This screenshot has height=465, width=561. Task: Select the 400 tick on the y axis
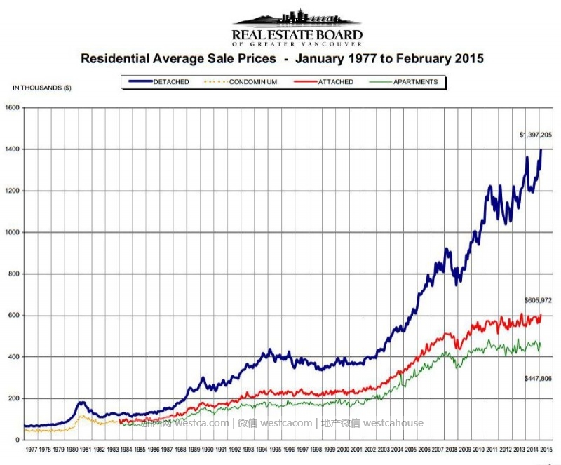[15, 357]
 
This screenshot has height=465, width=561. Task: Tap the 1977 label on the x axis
[30, 448]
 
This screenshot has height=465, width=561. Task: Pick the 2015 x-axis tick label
[546, 448]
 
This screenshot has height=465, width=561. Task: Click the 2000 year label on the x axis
[342, 448]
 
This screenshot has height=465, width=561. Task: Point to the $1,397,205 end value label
[536, 134]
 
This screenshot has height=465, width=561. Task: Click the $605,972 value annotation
[539, 300]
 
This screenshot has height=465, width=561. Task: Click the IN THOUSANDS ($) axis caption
[42, 88]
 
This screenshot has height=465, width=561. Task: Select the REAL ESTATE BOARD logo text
[297, 34]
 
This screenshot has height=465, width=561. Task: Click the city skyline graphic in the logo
[297, 18]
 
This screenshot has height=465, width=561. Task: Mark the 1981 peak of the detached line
[81, 403]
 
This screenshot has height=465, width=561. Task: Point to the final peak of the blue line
[541, 149]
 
